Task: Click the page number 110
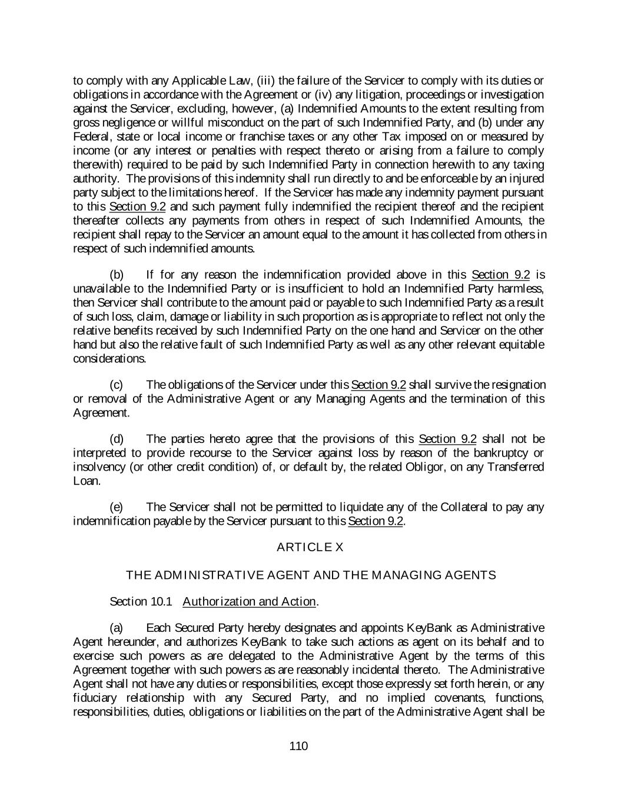point(298,747)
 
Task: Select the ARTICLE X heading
point(310,547)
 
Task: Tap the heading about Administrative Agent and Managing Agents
point(311,575)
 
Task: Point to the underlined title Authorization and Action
point(250,601)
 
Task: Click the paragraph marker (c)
point(117,385)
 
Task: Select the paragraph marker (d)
point(117,439)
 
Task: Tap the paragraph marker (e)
point(117,507)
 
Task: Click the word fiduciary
point(96,698)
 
